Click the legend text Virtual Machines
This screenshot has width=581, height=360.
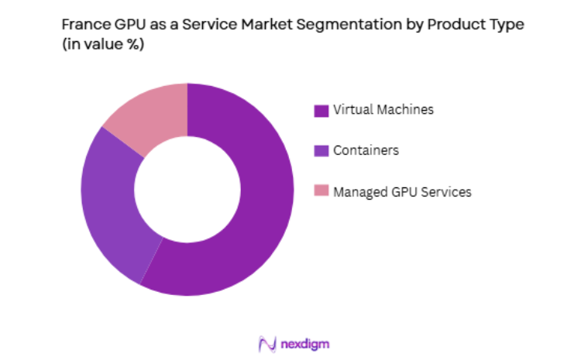[383, 110]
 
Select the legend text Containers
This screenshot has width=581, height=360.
[366, 150]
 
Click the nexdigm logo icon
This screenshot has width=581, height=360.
[267, 344]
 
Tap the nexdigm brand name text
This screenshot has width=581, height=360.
[308, 344]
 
